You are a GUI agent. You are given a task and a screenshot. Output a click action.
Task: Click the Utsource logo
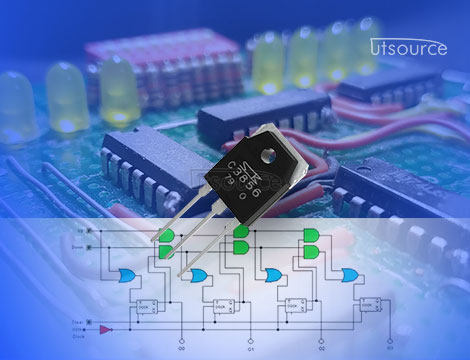(409, 47)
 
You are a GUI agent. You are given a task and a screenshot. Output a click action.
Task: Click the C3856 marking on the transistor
(244, 182)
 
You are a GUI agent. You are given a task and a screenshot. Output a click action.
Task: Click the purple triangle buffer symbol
(108, 328)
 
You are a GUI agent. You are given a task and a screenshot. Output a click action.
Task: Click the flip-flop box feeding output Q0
(147, 306)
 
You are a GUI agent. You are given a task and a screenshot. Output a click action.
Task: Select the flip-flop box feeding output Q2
(295, 306)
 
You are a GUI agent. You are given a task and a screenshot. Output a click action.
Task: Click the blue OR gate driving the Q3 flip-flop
(351, 274)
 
